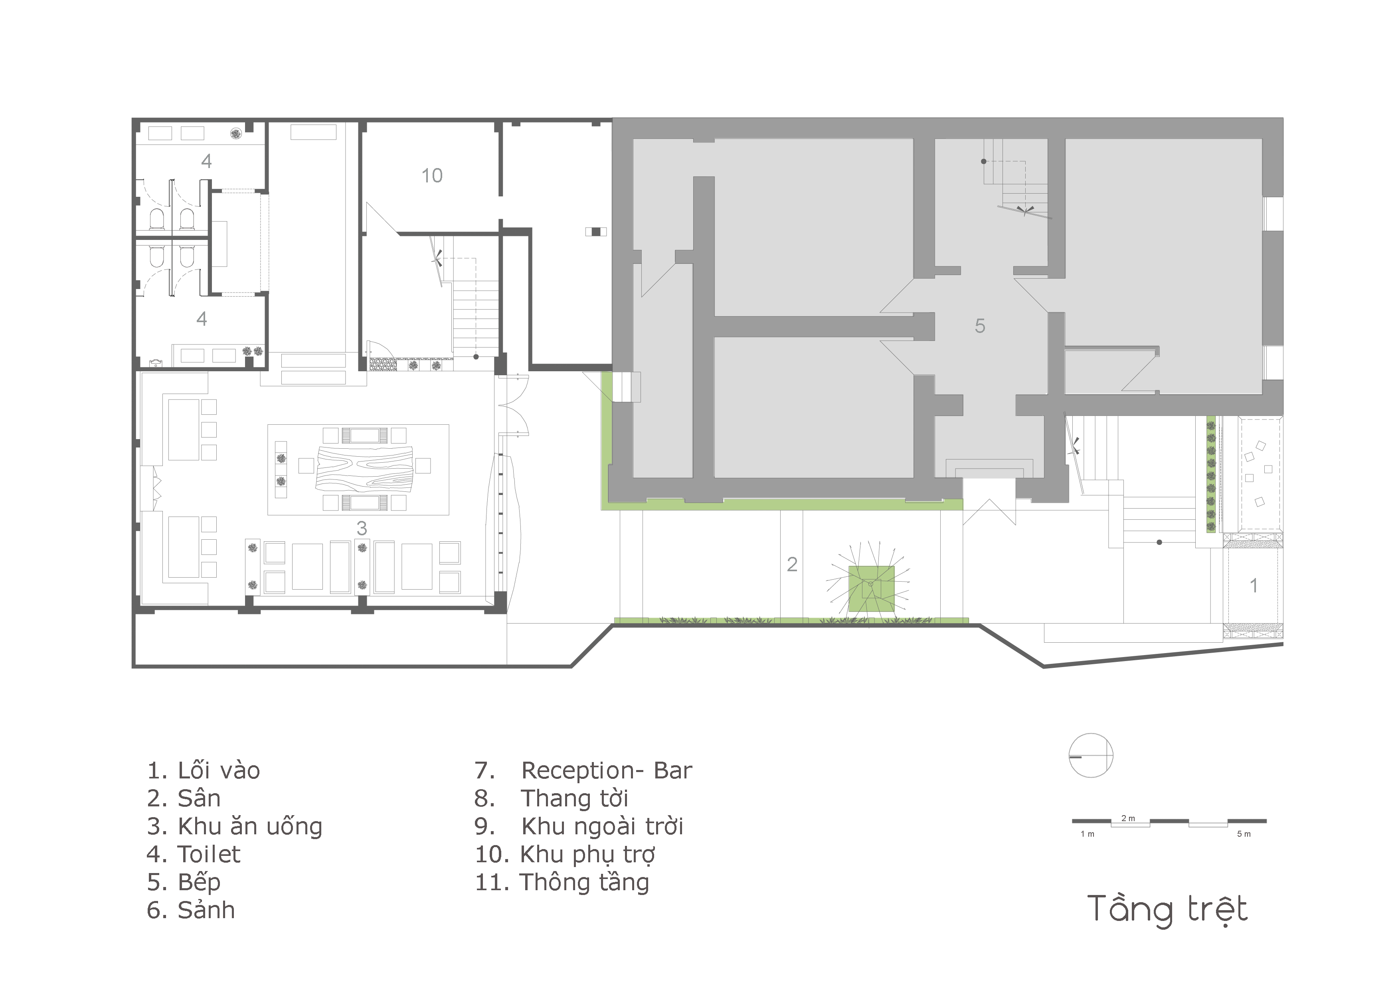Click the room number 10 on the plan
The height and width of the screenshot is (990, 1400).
point(432,176)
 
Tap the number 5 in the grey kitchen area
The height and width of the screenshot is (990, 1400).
point(979,326)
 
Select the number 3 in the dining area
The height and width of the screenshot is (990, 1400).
point(362,528)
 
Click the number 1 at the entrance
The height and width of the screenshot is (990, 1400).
point(1253,586)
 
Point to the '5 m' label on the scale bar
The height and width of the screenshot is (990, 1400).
point(1244,834)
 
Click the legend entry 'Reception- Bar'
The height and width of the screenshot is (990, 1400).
point(607,771)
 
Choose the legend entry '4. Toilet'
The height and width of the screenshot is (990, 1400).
point(193,855)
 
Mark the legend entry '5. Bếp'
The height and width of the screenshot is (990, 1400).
point(184,882)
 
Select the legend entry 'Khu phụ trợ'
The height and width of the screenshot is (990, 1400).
point(587,855)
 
